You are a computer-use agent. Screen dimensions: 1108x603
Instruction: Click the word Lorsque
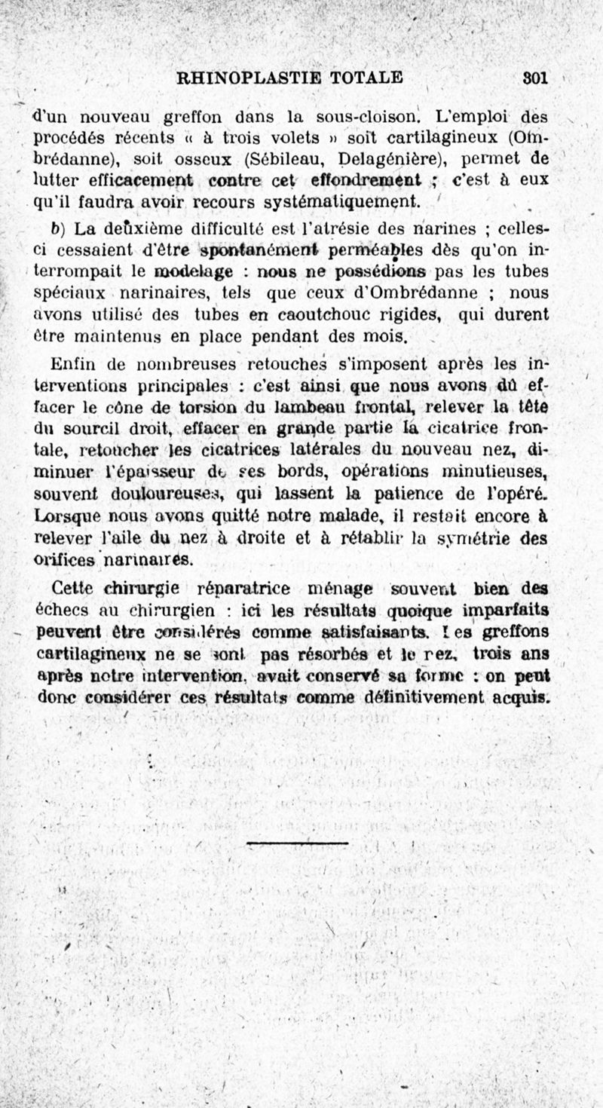click(x=63, y=519)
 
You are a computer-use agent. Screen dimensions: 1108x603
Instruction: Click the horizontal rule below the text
click(x=297, y=843)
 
